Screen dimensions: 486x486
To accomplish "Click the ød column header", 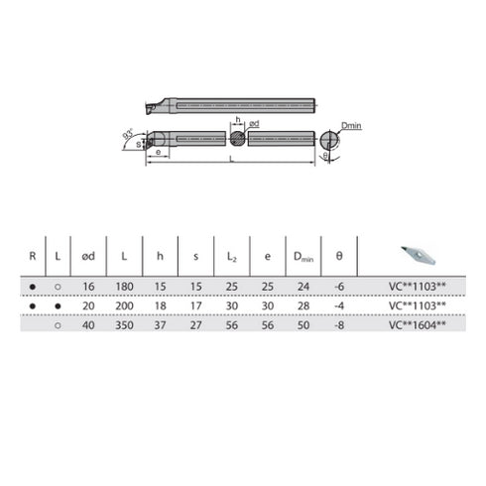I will pos(88,256).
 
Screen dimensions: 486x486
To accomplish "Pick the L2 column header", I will pos(232,257).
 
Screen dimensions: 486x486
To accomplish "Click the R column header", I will pos(33,256).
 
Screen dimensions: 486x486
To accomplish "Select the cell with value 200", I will pos(124,305).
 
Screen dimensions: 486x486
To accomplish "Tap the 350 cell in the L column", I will pos(124,323).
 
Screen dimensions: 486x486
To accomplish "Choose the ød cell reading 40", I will pos(88,323).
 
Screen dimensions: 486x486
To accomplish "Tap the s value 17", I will pos(195,305).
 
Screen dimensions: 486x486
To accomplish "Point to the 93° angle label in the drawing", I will pos(127,132).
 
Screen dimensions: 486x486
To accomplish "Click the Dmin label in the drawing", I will pos(350,125).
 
